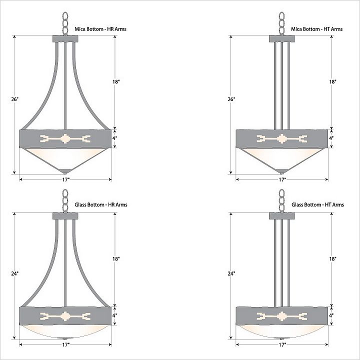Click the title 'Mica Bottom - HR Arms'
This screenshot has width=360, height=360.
(x=100, y=29)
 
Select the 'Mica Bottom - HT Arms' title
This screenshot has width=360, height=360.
(x=317, y=29)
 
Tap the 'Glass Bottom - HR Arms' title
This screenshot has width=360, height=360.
(x=101, y=204)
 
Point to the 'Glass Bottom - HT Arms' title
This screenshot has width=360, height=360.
(x=318, y=204)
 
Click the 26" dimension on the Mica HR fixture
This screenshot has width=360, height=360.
(x=14, y=99)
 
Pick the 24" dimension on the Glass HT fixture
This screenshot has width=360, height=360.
(x=231, y=273)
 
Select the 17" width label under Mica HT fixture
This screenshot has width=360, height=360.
(x=282, y=179)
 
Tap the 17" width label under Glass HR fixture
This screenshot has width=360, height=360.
(x=66, y=344)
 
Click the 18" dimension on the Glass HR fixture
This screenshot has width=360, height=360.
(x=116, y=259)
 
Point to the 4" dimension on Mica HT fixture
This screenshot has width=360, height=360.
(x=331, y=138)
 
